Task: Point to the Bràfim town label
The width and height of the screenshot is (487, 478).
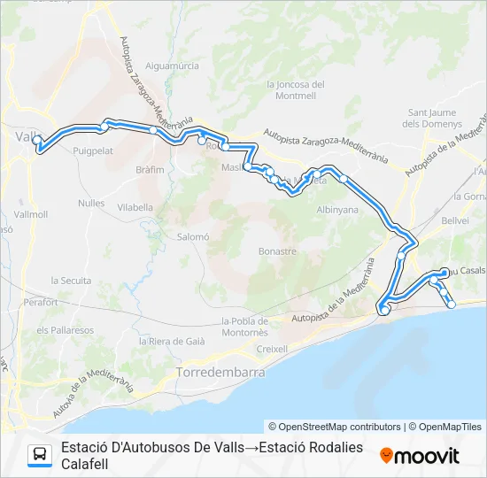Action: coord(151,169)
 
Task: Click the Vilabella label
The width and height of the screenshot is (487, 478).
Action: coord(135,206)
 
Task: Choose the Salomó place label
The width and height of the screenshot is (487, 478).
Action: coord(192,236)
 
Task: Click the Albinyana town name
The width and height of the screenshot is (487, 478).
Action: coord(337,210)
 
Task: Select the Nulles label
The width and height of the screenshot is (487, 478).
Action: coord(91,203)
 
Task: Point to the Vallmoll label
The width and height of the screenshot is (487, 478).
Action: coord(32,214)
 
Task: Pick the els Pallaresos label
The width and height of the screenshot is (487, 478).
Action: coord(65,329)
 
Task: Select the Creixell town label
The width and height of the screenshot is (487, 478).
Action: coord(272,349)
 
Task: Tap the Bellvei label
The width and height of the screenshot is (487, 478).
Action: coord(455,218)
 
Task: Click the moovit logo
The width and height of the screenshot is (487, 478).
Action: coord(420,455)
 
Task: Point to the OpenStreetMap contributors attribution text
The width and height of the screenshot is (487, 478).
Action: coord(335,427)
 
